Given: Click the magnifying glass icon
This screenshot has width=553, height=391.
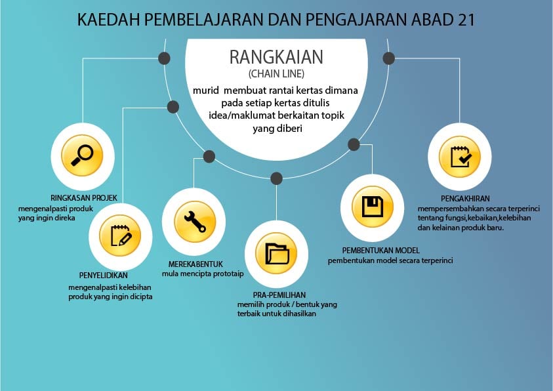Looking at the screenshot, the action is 82,155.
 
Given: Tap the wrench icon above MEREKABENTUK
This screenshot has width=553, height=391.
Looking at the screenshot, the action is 195,222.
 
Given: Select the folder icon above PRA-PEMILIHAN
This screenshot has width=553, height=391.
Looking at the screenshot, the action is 277,253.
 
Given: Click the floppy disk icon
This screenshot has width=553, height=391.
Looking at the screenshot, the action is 373,207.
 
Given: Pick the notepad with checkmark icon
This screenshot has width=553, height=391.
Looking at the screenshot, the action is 461,157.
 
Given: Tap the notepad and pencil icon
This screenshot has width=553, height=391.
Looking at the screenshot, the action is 121,236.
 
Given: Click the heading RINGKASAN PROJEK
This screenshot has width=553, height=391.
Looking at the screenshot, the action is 83,197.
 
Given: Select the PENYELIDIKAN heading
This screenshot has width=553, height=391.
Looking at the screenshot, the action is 104,276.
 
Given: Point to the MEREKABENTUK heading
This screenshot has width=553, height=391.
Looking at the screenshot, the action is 195,264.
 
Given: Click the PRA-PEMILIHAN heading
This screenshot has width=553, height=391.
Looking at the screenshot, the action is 279,295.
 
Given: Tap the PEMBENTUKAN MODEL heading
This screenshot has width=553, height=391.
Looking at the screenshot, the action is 381,251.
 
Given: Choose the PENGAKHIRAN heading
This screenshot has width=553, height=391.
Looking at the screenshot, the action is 465,199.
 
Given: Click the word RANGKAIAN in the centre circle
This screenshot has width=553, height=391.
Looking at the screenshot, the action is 276,57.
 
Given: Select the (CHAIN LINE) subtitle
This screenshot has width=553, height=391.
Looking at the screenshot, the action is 277,73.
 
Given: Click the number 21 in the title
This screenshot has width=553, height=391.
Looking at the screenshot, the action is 467,20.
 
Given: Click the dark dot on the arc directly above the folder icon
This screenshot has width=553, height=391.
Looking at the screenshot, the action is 277,178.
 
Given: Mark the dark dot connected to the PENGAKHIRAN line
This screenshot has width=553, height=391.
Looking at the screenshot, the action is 388,58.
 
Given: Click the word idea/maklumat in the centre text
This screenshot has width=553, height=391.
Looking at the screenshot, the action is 241,115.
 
